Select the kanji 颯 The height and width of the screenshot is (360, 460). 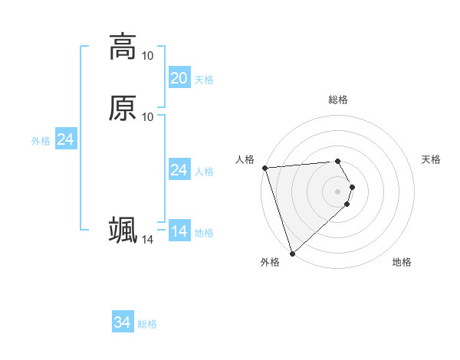[x=122, y=230]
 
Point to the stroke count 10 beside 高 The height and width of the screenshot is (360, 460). [x=147, y=56]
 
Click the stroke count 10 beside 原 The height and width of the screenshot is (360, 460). [x=147, y=116]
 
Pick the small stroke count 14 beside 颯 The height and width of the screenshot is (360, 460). [x=147, y=240]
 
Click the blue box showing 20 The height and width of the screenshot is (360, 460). [x=179, y=78]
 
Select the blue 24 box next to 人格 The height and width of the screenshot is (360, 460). [x=179, y=170]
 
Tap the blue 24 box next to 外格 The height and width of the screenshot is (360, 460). [x=66, y=139]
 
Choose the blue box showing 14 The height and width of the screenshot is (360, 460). [x=179, y=231]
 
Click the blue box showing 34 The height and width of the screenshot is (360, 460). [x=123, y=323]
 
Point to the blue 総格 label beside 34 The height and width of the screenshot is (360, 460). [x=147, y=324]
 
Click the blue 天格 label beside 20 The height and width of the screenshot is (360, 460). [x=204, y=80]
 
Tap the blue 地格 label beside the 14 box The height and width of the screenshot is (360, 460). [x=204, y=233]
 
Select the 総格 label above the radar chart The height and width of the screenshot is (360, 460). [x=338, y=100]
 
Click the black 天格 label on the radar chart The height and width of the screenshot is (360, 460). [x=431, y=159]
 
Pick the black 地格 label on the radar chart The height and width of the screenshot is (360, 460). [x=402, y=262]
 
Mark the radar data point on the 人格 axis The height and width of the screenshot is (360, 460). [x=264, y=168]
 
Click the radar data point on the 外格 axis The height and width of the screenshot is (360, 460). [x=292, y=253]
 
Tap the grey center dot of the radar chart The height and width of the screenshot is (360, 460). [x=338, y=191]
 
